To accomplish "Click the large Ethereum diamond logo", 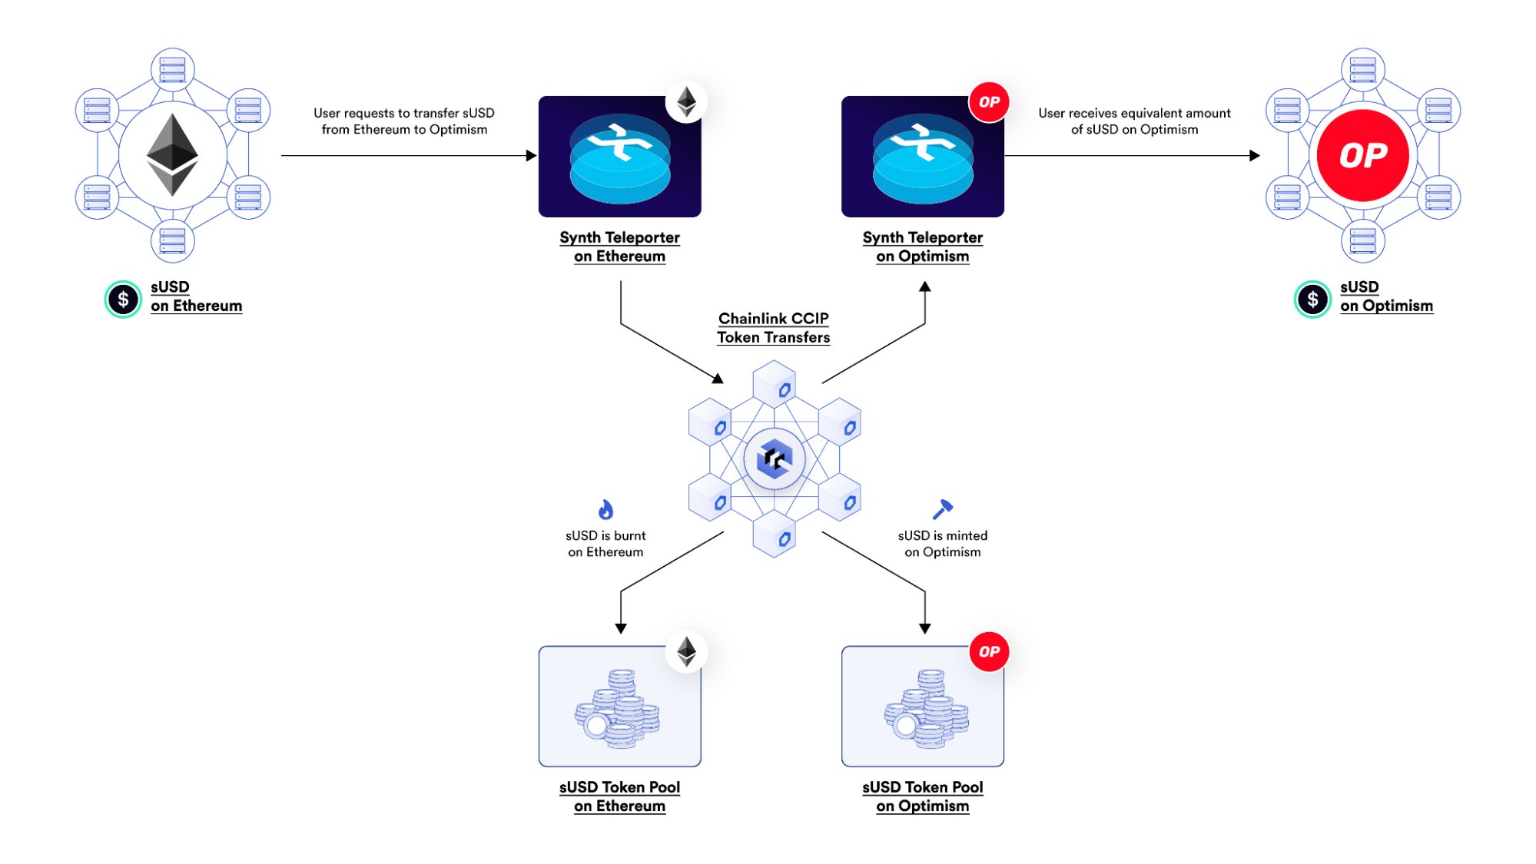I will pyautogui.click(x=172, y=154).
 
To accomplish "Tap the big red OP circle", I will pyautogui.click(x=1362, y=155).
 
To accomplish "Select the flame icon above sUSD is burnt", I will pyautogui.click(x=605, y=510).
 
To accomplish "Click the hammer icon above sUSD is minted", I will pyautogui.click(x=942, y=509).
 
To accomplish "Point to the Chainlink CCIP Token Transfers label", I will pyautogui.click(x=773, y=328).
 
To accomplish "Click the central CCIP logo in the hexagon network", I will pyautogui.click(x=774, y=459).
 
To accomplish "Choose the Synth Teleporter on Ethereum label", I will pyautogui.click(x=619, y=247).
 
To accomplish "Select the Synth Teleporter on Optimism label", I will pyautogui.click(x=922, y=247).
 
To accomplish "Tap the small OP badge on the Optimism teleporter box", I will pyautogui.click(x=989, y=102).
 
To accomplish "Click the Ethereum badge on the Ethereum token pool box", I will pyautogui.click(x=686, y=652).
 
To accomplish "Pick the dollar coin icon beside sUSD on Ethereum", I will pyautogui.click(x=123, y=300).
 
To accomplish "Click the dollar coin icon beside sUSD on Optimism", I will pyautogui.click(x=1312, y=300).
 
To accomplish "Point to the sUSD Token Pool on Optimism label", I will pyautogui.click(x=922, y=796).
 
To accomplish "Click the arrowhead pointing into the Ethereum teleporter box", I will pyautogui.click(x=531, y=156).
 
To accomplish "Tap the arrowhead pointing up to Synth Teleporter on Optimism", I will pyautogui.click(x=925, y=287).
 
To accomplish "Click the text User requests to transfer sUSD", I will pyautogui.click(x=403, y=113).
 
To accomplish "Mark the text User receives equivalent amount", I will pyautogui.click(x=1134, y=113).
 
